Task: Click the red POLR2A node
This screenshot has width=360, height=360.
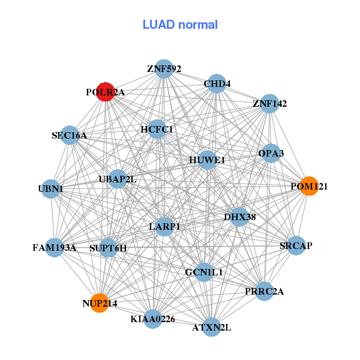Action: pos(106,92)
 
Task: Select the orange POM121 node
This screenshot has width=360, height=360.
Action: pos(309,186)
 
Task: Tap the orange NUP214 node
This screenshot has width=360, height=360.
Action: pos(100,303)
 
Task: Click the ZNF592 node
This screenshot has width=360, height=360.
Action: pos(164,68)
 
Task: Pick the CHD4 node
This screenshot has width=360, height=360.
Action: pos(217,83)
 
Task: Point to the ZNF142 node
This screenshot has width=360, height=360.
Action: pos(269,103)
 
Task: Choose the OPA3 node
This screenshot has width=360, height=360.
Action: pos(271,153)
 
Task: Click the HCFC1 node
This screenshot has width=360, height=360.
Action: pos(157,129)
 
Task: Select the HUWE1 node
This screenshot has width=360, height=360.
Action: pos(207,160)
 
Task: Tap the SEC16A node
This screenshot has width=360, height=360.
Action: pos(70,136)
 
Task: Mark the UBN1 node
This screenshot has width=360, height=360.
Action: pos(51,189)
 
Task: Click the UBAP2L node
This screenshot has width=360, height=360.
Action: pos(118,179)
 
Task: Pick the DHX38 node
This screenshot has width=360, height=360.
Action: pos(239,217)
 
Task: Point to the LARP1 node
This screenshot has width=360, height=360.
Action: pos(164,226)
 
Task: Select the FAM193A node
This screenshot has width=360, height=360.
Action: pos(54,247)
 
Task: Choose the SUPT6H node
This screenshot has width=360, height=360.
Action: pos(108,247)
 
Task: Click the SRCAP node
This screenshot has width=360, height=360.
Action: pos(296,245)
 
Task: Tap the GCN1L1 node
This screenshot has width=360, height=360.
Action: pos(204,272)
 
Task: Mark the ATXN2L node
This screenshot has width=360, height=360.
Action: pos(211,327)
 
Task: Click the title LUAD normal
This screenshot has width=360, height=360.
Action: pos(180,25)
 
